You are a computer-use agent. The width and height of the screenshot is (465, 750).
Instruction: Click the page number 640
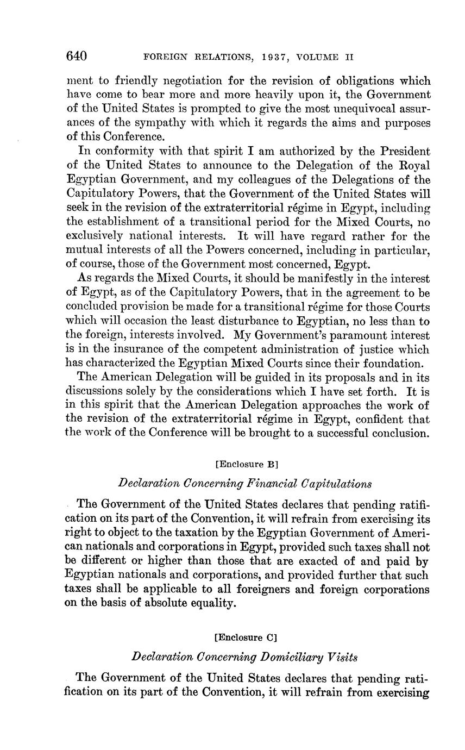(77, 56)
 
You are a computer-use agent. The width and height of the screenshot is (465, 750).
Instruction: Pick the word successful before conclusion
(330, 434)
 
